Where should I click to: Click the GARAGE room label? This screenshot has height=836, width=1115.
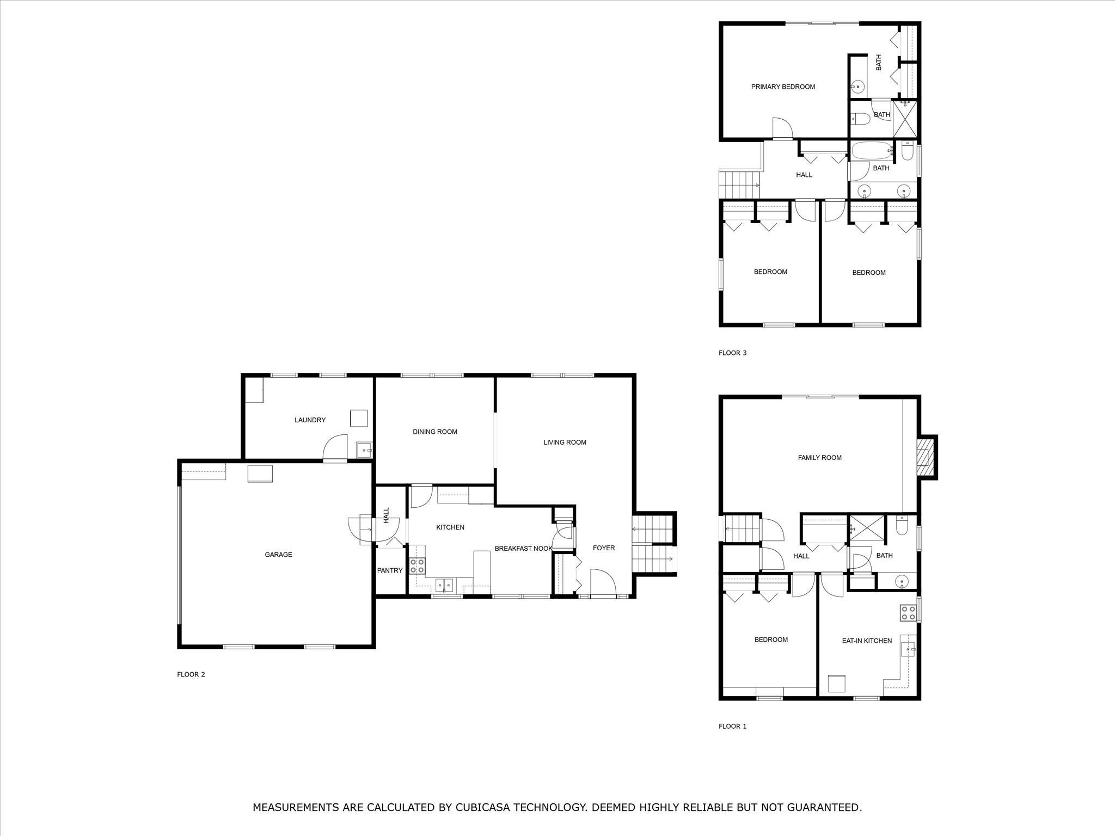(278, 555)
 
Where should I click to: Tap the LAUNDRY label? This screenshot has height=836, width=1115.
(310, 420)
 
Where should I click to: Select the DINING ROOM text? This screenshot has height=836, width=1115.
(434, 432)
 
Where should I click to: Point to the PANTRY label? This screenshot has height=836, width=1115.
(390, 570)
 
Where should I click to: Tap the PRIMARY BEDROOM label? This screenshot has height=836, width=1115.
(783, 87)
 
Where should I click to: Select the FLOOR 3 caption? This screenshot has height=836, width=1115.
(732, 353)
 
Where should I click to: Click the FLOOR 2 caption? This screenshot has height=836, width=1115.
(191, 674)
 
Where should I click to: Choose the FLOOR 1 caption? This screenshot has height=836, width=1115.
(732, 726)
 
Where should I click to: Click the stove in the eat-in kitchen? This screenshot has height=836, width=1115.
(908, 613)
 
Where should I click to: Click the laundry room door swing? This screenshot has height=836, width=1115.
(335, 447)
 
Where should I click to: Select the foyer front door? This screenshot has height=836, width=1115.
(603, 583)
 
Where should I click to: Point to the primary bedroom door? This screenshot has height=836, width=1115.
(782, 128)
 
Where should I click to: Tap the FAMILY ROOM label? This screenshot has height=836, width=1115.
(819, 458)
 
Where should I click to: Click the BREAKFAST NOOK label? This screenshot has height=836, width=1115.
(523, 549)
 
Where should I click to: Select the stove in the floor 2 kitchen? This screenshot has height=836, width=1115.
(417, 565)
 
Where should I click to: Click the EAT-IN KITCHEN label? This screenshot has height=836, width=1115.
(867, 641)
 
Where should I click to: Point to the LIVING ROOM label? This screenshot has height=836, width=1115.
(565, 442)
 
